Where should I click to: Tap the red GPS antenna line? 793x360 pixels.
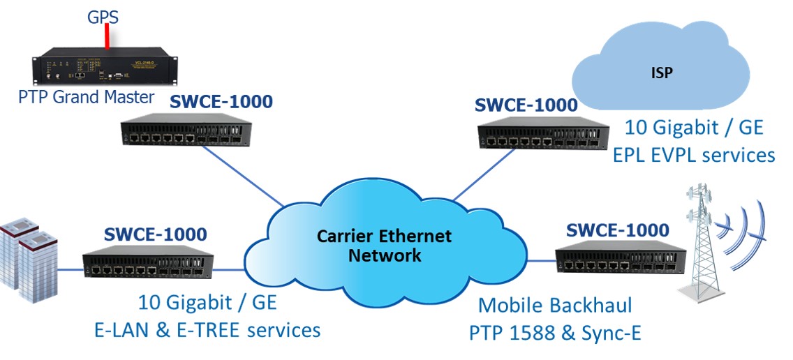(106, 38)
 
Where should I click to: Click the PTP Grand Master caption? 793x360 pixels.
(86, 97)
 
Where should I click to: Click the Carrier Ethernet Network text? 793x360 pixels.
(384, 245)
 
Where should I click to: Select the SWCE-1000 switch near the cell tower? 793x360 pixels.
(617, 260)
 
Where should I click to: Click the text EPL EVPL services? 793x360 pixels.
(694, 154)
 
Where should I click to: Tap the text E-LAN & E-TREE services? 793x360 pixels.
(207, 329)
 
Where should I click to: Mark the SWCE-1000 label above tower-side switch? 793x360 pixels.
(617, 230)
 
